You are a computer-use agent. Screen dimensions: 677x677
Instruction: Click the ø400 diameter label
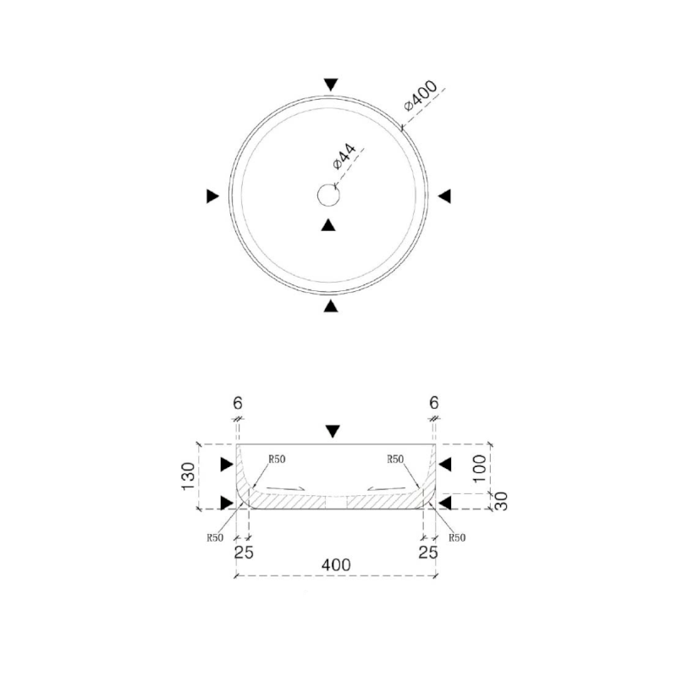tap(420, 96)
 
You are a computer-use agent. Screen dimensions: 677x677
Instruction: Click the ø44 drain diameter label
tap(344, 157)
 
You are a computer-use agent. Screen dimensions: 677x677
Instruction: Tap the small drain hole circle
tap(328, 195)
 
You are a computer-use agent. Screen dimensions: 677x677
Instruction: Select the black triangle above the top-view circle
tap(331, 85)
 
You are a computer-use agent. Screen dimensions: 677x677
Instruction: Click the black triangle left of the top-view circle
tap(213, 196)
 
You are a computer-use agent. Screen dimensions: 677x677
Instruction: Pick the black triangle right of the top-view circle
tap(445, 196)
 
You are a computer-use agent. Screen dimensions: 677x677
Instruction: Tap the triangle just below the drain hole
tap(328, 225)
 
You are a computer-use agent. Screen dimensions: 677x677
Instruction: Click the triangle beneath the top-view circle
tap(331, 305)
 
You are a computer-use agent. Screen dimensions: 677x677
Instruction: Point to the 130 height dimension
tap(188, 476)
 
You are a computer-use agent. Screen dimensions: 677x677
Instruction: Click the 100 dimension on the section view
tap(479, 469)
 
